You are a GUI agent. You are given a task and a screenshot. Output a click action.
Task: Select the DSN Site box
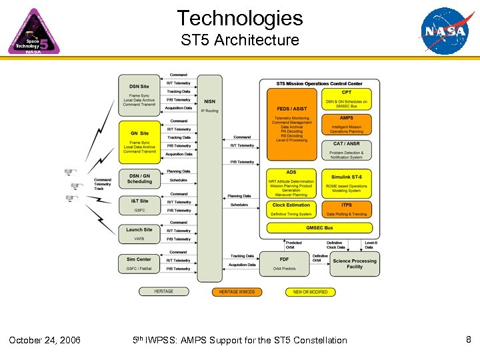139,95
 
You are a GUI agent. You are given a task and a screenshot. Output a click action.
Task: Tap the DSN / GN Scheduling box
139,179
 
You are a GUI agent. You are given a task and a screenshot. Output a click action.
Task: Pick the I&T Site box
139,204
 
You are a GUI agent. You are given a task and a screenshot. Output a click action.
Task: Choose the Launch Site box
139,233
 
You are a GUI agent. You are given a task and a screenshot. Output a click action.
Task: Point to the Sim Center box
139,263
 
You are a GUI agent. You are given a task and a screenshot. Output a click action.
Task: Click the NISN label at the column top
209,101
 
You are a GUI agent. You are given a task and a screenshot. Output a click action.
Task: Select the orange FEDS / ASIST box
291,124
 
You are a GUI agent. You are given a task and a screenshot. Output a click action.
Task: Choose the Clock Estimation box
291,209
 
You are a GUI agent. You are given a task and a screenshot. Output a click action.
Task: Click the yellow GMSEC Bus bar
319,227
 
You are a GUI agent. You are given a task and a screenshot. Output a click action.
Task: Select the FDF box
284,263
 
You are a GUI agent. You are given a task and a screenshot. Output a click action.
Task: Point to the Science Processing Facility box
355,264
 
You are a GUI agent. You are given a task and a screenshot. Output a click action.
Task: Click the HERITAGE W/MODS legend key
237,292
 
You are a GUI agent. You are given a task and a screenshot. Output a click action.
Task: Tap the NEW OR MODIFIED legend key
311,292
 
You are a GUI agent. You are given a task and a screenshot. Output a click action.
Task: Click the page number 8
469,340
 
